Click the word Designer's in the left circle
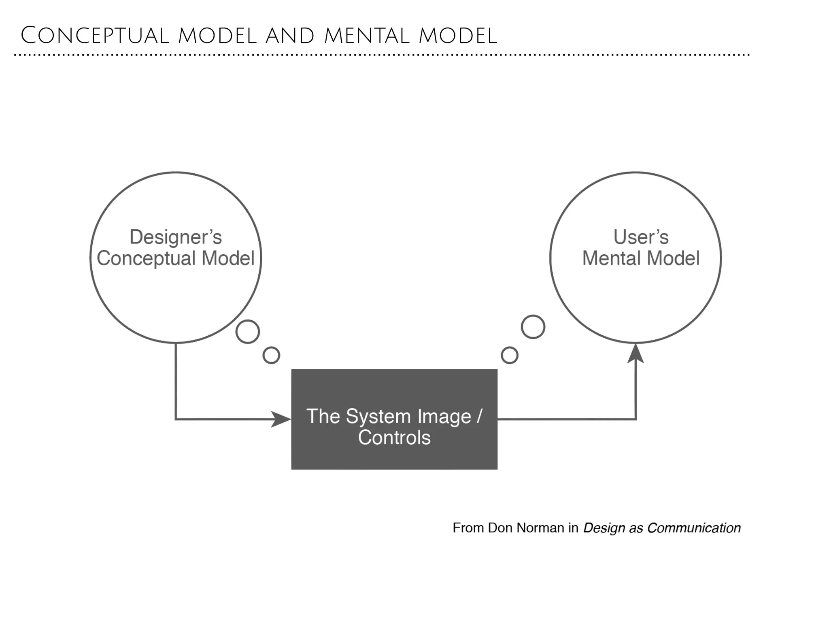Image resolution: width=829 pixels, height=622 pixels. click(x=175, y=237)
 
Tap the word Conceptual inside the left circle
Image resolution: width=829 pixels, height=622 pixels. click(x=146, y=258)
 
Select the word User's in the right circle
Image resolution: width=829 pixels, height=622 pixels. click(x=641, y=237)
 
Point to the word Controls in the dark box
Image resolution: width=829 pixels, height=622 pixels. click(x=394, y=438)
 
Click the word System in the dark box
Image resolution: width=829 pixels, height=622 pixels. click(x=378, y=416)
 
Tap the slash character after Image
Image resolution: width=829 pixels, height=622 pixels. click(x=480, y=416)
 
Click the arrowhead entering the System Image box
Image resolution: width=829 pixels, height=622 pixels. click(x=281, y=419)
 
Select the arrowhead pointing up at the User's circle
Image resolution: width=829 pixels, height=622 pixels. click(x=636, y=354)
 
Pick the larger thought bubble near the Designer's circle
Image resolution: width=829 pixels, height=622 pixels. click(x=248, y=332)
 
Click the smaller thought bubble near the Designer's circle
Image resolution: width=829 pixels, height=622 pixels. click(x=271, y=355)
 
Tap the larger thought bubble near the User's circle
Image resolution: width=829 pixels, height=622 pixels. click(x=533, y=327)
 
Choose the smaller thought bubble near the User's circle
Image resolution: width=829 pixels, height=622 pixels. click(x=509, y=355)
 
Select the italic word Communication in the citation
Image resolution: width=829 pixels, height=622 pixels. click(x=693, y=528)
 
